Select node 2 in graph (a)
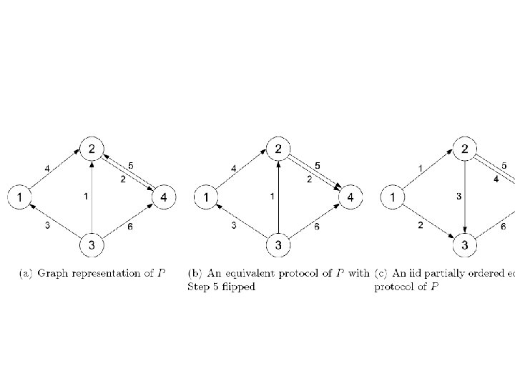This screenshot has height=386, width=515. point(92,149)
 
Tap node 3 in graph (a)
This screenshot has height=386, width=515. point(92,245)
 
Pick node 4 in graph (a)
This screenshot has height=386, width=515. point(165,196)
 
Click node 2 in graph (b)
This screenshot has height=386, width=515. point(278,149)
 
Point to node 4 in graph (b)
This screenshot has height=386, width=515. point(350,196)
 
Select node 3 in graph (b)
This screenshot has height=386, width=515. point(278,245)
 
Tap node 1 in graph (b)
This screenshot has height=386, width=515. point(206,196)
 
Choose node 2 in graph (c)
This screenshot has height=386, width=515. point(465,149)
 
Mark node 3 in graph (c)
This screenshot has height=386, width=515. point(465,245)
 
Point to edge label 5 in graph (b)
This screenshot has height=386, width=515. point(318,166)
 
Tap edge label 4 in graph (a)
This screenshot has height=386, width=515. point(47,169)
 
